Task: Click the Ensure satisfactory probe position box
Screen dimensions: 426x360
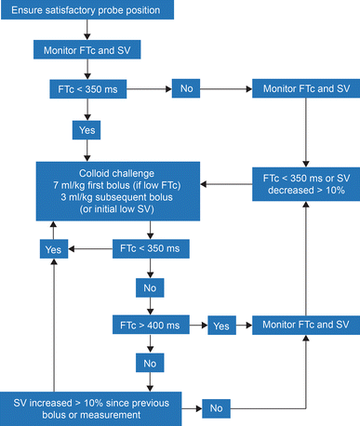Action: [87, 10]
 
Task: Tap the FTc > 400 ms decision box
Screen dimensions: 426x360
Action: [150, 327]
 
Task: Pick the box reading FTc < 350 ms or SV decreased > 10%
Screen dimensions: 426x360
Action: [306, 184]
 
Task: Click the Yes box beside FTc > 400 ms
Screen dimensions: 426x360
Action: [220, 327]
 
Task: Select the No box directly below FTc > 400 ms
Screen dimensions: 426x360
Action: [150, 361]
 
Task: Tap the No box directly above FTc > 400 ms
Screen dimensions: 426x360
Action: [150, 288]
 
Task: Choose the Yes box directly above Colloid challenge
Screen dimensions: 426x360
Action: [87, 131]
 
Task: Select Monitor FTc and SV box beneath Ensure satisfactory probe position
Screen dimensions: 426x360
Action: [87, 48]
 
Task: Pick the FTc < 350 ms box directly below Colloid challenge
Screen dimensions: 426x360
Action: [150, 249]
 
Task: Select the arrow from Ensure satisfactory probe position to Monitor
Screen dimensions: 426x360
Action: [87, 30]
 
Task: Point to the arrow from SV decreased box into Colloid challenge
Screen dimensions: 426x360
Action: [233, 184]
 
